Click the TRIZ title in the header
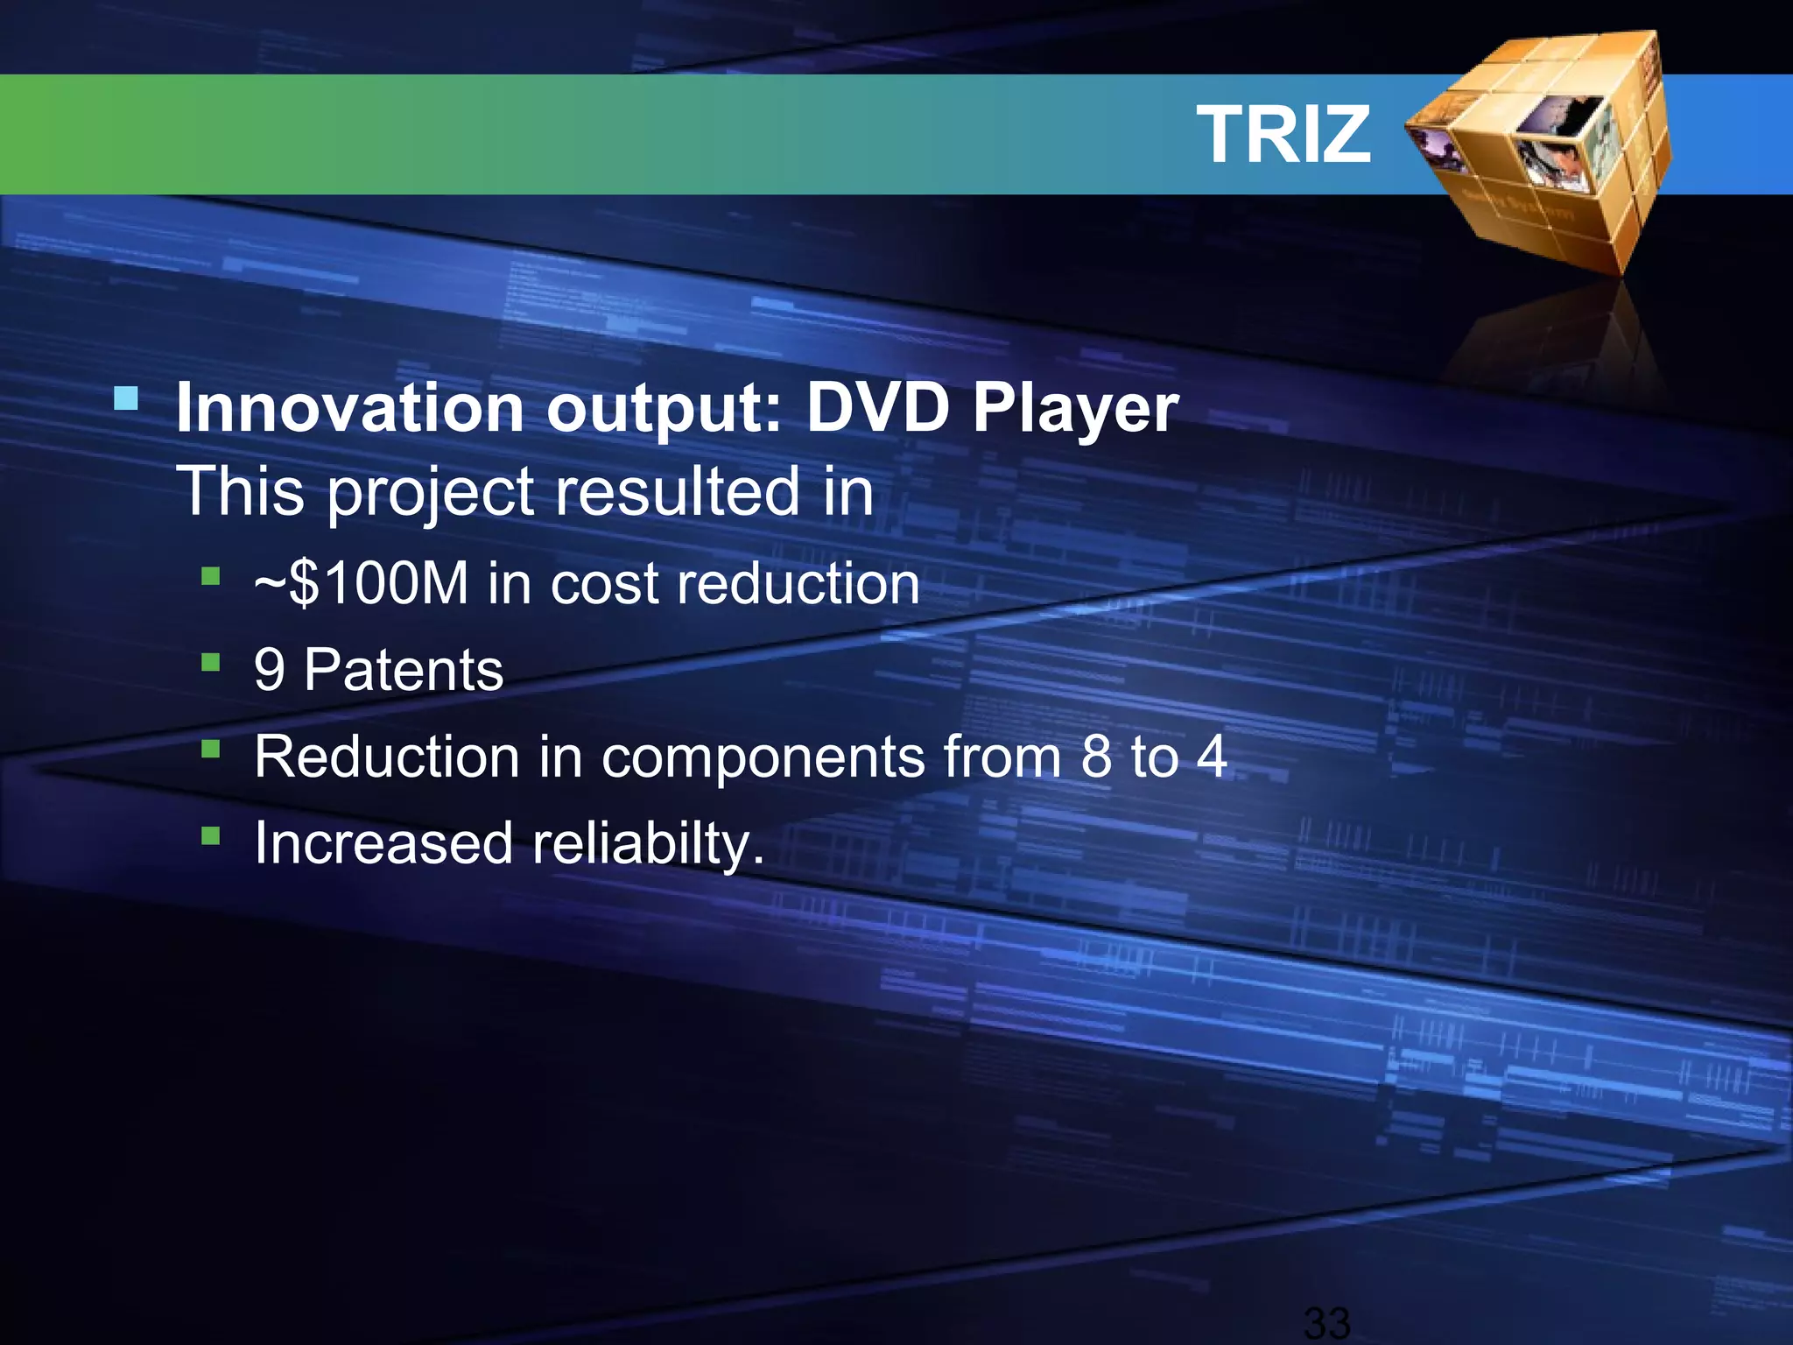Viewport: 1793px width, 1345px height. (1283, 134)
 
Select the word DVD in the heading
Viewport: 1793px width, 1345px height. (878, 408)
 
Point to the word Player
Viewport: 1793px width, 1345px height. (1076, 410)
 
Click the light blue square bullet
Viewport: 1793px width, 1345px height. (127, 400)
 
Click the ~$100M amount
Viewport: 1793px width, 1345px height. (361, 583)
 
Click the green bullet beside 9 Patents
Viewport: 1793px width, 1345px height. (210, 662)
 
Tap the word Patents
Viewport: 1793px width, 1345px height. (404, 671)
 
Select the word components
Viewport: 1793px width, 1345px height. (763, 757)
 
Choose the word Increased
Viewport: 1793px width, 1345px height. (383, 843)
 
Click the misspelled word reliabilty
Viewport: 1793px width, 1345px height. (648, 844)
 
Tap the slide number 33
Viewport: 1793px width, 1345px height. (1326, 1322)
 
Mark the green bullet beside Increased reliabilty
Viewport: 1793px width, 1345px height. (210, 835)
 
